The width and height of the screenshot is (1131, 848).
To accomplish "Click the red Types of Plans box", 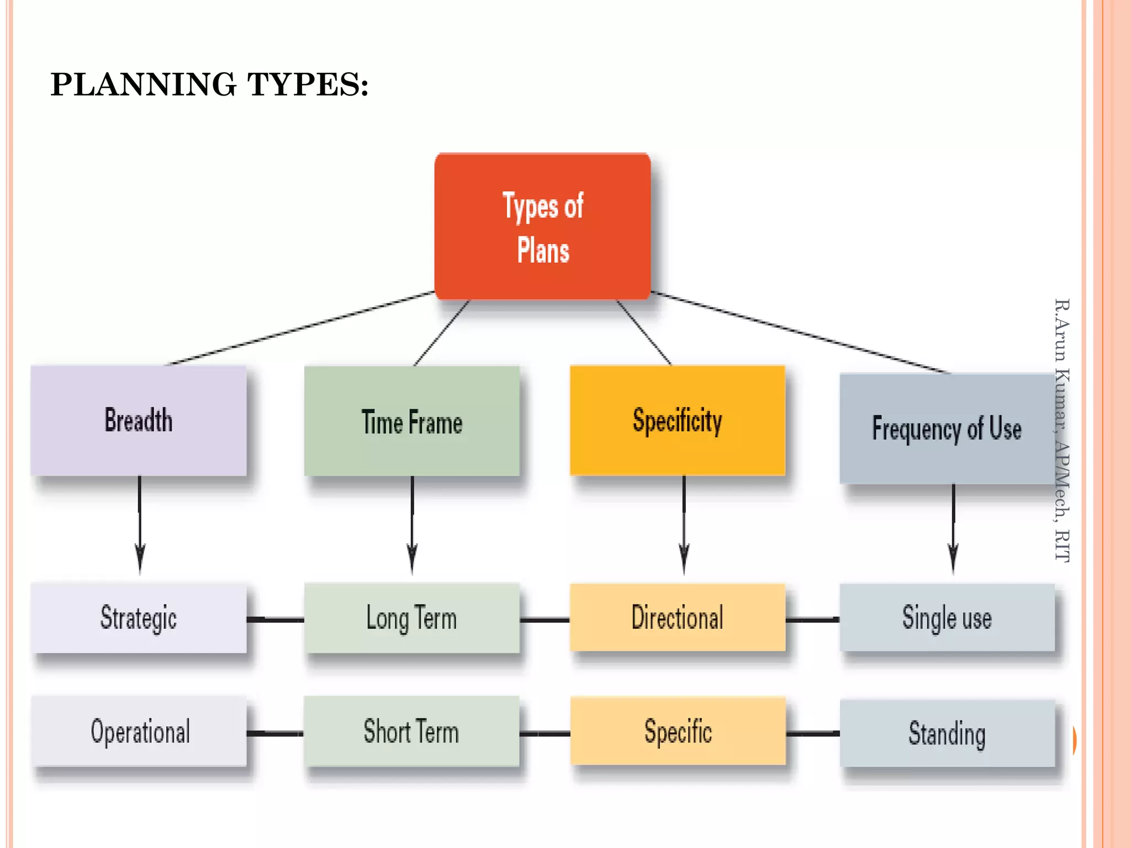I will [542, 226].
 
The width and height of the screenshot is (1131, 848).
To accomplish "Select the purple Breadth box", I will [139, 420].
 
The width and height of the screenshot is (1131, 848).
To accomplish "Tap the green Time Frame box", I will [412, 421].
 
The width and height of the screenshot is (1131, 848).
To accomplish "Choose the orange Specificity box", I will [678, 420].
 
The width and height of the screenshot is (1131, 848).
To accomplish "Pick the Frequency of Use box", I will [947, 428].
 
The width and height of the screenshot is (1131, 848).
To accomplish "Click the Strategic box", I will [139, 618].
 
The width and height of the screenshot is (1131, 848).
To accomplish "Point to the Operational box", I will [139, 731].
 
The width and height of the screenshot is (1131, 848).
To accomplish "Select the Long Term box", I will [412, 618].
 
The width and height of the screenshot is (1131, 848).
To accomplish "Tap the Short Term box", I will [412, 731].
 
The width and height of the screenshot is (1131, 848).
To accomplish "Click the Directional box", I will [678, 617].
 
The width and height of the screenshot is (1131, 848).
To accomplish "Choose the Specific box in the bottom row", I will [678, 731].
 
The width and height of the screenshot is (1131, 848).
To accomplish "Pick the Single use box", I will [947, 617].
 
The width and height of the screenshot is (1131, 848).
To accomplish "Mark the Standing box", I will [947, 733].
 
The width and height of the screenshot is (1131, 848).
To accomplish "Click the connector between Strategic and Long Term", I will [275, 620].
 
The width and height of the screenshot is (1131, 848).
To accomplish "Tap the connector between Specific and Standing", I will [812, 734].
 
